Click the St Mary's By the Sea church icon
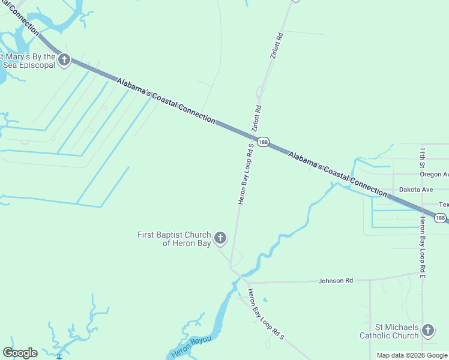tap(65, 59)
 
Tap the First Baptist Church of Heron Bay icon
tap(220, 239)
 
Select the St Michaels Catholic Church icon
tap(427, 330)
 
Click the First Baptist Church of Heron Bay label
tap(174, 239)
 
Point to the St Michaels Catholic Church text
tap(389, 331)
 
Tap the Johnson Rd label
tap(336, 280)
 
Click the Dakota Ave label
tap(417, 189)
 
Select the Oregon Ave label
tap(434, 174)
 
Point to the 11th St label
tap(423, 157)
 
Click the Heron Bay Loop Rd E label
tap(423, 247)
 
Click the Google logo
tap(20, 353)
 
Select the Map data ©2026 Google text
tap(412, 355)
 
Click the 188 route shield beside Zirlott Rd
tap(263, 142)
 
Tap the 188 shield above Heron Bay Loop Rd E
tap(441, 218)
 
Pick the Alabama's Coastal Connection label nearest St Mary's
tap(165, 100)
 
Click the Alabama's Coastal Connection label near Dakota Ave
tap(337, 174)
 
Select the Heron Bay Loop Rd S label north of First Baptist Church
tap(246, 175)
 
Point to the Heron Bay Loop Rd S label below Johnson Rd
tap(265, 314)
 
